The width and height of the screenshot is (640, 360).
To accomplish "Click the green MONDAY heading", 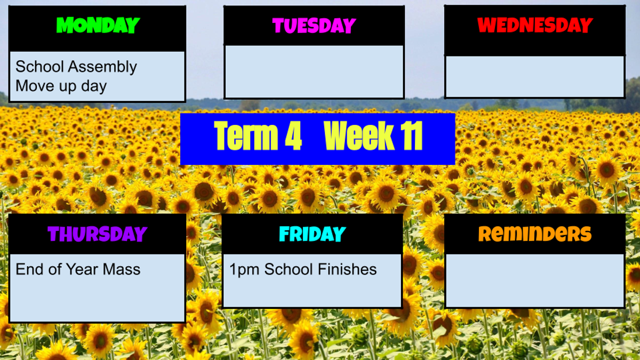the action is pos(98,25).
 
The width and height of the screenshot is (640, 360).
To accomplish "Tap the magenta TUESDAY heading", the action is pos(314,26).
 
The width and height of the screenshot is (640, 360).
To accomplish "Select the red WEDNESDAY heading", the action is pos(535,25).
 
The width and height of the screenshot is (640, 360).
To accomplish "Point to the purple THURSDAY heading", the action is pos(97,234).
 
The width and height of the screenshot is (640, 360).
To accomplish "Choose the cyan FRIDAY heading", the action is pos(313,234).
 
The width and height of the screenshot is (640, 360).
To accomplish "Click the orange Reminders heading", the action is pos(535,234).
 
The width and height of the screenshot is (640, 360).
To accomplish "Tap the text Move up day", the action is pos(61,86).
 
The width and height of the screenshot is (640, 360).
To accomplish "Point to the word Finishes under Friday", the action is pos(347,269).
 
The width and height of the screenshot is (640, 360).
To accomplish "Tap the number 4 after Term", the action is pos(293,135).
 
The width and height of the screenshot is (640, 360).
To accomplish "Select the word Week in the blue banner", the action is pos(359,135).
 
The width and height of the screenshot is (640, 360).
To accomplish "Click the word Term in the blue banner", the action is pos(246,135).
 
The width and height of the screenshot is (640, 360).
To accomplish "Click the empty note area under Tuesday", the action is pos(314,71).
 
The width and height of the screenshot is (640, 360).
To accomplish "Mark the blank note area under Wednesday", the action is pos(535,76).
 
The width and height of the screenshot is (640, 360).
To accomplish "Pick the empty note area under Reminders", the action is pos(535,281).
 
